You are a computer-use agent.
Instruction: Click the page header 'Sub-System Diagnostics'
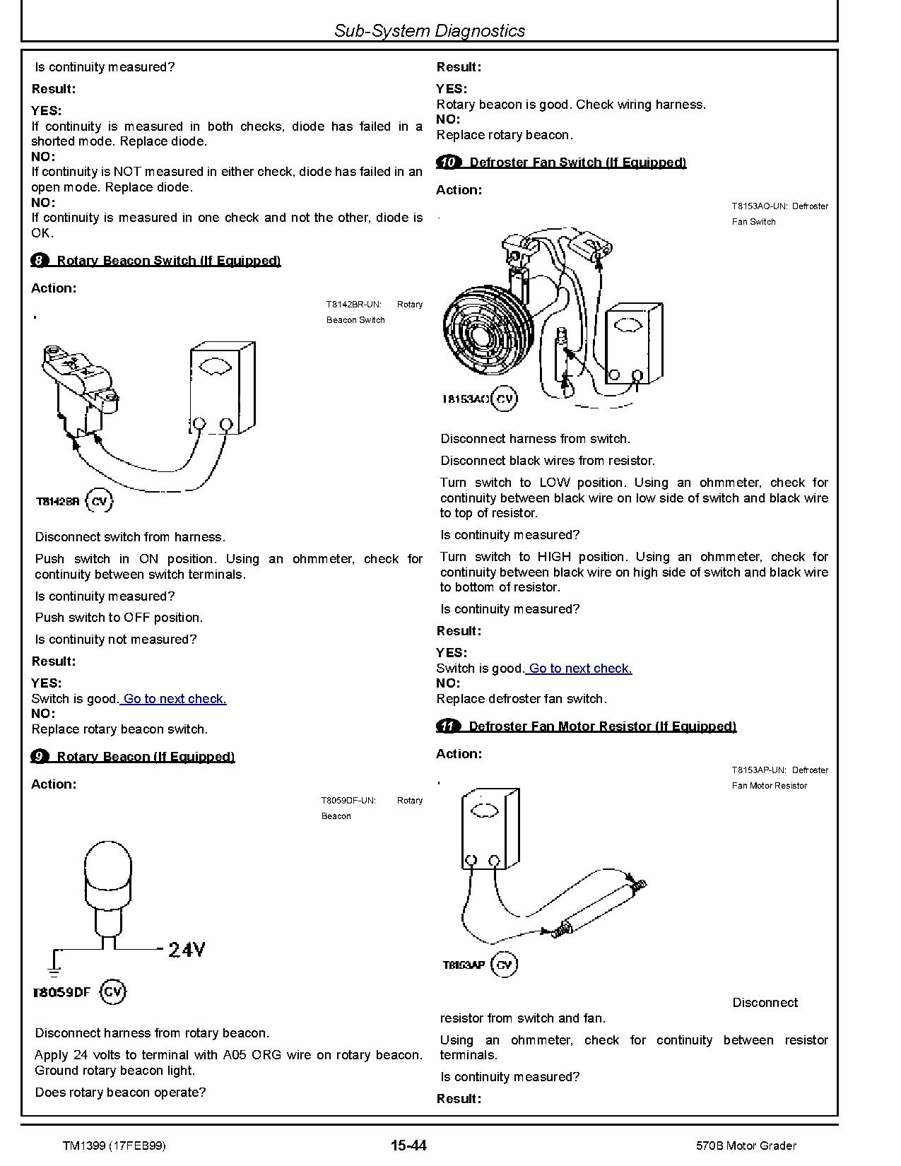[x=430, y=30]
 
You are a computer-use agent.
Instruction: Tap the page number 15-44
[x=408, y=1146]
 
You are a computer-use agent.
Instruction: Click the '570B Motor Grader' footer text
[x=745, y=1146]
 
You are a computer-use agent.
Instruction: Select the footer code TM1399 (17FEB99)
[x=114, y=1146]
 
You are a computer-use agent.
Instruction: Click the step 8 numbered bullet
[x=40, y=261]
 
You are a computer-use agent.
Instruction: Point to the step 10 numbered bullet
[x=448, y=163]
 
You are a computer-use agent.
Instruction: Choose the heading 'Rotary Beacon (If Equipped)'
[x=146, y=757]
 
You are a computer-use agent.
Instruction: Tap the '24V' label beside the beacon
[x=187, y=949]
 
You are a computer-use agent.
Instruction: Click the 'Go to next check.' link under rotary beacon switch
[x=175, y=699]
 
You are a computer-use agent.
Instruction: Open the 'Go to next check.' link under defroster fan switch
[x=580, y=669]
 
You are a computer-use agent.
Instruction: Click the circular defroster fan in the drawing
[x=485, y=329]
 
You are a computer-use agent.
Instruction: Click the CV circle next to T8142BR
[x=99, y=501]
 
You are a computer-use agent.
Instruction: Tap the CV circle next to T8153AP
[x=504, y=965]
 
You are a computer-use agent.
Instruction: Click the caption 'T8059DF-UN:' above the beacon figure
[x=348, y=801]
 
